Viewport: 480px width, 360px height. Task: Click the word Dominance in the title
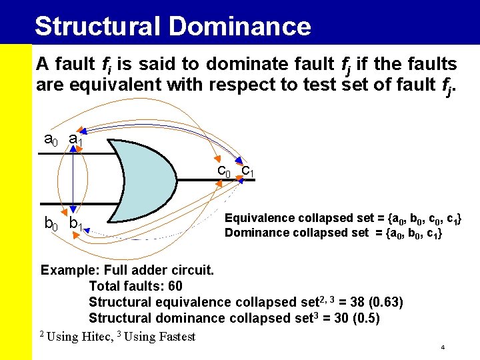point(240,27)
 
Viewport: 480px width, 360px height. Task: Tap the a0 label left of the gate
point(51,140)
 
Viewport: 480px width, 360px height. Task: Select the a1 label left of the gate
point(75,142)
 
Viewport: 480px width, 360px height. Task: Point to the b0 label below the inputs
point(51,224)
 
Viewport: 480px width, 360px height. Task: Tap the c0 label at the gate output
point(223,171)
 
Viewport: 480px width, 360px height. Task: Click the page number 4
point(443,348)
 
